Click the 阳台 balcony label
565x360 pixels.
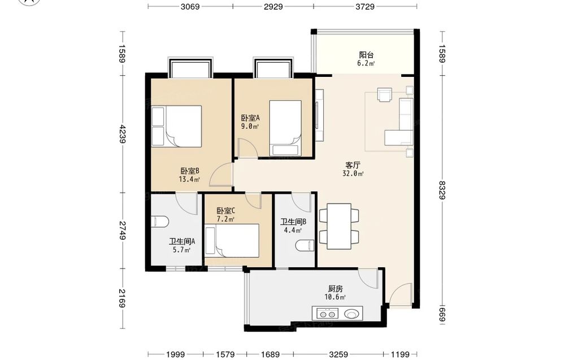pos(366,55)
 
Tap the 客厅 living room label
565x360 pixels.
pos(353,165)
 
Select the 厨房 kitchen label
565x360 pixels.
pos(336,289)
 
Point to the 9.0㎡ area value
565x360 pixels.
pos(250,126)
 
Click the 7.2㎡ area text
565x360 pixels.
pos(225,219)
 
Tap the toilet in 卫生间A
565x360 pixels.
pos(160,222)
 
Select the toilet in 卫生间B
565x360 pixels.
pos(305,245)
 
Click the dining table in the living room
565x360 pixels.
pos(339,226)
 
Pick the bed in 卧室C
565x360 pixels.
pos(232,241)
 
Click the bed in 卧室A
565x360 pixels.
pos(285,128)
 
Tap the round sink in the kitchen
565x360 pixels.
pos(351,314)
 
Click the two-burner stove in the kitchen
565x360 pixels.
pos(328,314)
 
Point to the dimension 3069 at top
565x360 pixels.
pos(190,6)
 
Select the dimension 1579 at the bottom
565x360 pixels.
pos(225,354)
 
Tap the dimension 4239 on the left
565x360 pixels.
pos(123,134)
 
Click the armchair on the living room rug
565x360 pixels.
pos(384,95)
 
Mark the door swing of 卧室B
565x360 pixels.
pos(221,175)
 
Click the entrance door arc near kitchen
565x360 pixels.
pos(401,294)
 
